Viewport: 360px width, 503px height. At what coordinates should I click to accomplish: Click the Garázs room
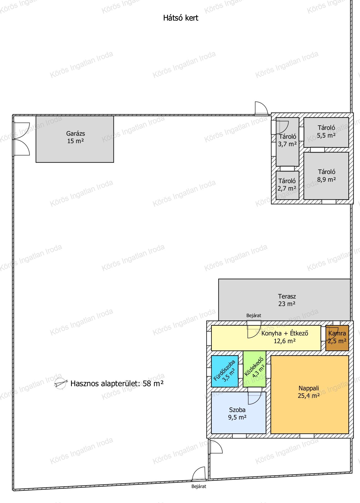[75, 139]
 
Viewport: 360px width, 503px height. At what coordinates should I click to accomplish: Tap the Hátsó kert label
[181, 18]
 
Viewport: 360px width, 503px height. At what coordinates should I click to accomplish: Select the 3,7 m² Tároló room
[287, 142]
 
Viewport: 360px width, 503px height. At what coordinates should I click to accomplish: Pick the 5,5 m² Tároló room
[326, 132]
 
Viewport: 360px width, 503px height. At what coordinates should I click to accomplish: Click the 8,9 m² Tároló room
[326, 176]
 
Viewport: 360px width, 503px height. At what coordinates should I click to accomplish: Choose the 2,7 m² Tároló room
[287, 185]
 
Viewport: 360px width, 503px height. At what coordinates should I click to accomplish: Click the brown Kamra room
[337, 338]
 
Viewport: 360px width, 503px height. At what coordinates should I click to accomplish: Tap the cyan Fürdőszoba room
[225, 371]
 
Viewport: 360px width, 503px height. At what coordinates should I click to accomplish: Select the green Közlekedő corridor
[255, 369]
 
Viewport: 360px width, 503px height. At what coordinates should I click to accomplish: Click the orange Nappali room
[309, 395]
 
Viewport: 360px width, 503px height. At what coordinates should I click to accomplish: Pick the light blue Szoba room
[238, 413]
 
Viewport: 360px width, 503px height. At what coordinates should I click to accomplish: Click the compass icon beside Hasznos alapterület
[61, 384]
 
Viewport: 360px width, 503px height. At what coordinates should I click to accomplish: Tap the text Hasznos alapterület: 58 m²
[117, 383]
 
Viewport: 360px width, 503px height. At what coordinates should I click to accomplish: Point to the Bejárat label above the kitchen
[254, 315]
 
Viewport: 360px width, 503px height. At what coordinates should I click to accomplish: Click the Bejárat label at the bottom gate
[199, 494]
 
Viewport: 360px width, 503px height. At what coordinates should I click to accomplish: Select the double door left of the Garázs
[21, 139]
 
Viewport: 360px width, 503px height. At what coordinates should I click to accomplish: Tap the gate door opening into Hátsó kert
[261, 108]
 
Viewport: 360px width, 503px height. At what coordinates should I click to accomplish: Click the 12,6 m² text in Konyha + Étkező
[285, 341]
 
